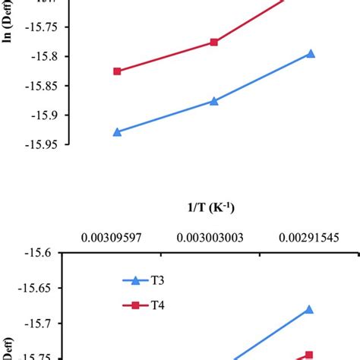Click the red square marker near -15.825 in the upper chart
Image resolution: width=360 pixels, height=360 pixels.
[117, 71]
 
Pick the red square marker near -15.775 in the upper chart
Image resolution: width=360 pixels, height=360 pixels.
[214, 43]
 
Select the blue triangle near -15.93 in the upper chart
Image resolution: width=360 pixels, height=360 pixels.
[117, 131]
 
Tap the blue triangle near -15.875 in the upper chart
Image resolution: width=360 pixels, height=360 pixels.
[214, 100]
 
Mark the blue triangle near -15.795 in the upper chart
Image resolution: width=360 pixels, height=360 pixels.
[311, 54]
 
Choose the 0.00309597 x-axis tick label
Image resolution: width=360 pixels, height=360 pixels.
[117, 238]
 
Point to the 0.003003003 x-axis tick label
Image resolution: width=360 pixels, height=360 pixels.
[211, 238]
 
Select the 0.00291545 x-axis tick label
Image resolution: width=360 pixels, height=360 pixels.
[308, 238]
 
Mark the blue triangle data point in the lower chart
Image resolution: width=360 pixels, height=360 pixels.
[308, 309]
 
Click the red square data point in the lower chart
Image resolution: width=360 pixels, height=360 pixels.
[308, 355]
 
